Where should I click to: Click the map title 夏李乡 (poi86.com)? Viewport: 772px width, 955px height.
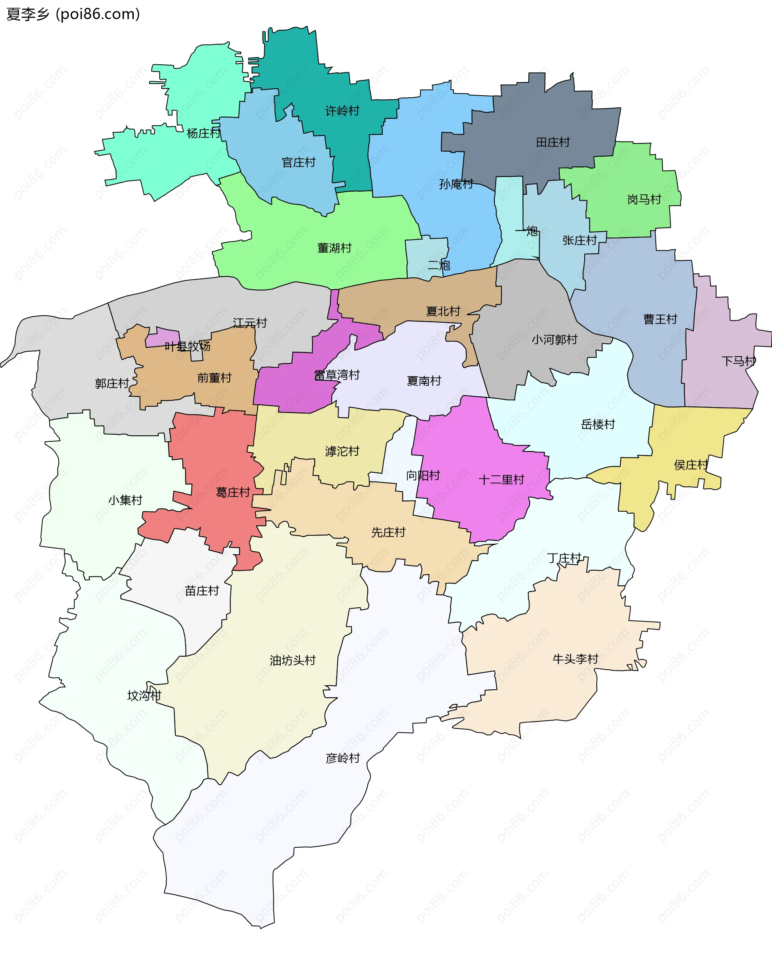coord(73,14)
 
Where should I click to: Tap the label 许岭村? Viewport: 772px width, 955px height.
coord(342,111)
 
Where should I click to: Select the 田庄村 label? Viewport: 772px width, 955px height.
coord(553,142)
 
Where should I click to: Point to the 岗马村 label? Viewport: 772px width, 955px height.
coord(645,200)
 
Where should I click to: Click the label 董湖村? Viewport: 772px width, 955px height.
coord(335,248)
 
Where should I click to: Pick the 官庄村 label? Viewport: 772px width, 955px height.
coord(298,163)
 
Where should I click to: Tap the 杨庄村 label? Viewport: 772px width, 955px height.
coord(203,133)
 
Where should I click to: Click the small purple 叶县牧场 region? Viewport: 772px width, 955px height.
coord(162,337)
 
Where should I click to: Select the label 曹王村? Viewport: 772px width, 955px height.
coord(660,319)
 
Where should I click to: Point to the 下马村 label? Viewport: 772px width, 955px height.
coord(738,361)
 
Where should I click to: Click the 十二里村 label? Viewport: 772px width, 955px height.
coord(501,480)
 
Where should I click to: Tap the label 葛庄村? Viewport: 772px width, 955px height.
coord(233,492)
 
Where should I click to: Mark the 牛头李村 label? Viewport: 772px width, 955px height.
coord(575,659)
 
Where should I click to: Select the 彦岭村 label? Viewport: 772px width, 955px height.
coord(343,758)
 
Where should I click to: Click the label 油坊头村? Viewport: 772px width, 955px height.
coord(293,660)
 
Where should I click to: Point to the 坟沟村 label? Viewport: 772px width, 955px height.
coord(144,695)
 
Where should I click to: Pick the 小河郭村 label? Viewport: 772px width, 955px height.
coord(554,340)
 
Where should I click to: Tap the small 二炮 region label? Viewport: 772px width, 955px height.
coord(439,265)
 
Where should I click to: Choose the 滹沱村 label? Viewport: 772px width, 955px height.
coord(342,451)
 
